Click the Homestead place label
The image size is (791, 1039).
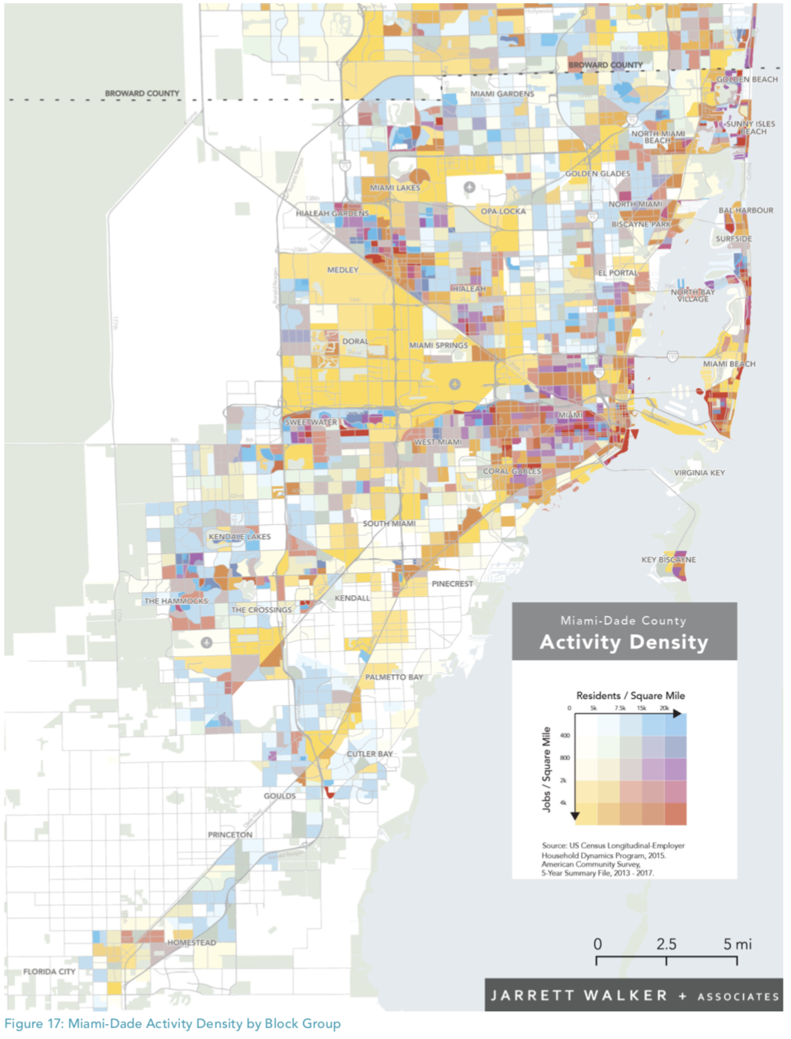[191, 942]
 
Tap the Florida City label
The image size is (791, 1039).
[50, 971]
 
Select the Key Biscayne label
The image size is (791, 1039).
[668, 559]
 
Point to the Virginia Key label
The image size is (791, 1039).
[699, 473]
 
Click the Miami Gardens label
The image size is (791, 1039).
[502, 94]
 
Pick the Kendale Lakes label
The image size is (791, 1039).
[239, 537]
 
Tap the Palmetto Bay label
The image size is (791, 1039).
[394, 677]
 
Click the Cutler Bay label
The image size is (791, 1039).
[369, 754]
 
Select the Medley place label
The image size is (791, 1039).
[342, 270]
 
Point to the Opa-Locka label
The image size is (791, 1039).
[503, 212]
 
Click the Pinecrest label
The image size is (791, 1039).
[453, 583]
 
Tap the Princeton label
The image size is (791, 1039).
[230, 835]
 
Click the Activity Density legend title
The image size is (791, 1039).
[624, 643]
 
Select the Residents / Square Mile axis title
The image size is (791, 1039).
[630, 696]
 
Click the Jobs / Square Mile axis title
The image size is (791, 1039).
[546, 769]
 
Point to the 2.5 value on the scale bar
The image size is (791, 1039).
[666, 944]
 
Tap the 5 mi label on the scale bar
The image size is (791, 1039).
[737, 944]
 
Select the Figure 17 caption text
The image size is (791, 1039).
[173, 1023]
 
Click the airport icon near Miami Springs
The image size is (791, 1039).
[454, 384]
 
